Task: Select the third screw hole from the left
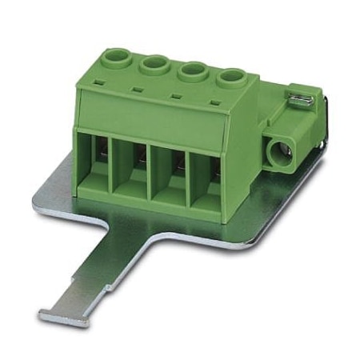pyautogui.click(x=192, y=71)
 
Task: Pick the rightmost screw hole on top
pyautogui.click(x=232, y=78)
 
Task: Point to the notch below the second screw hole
pyautogui.click(x=138, y=90)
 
